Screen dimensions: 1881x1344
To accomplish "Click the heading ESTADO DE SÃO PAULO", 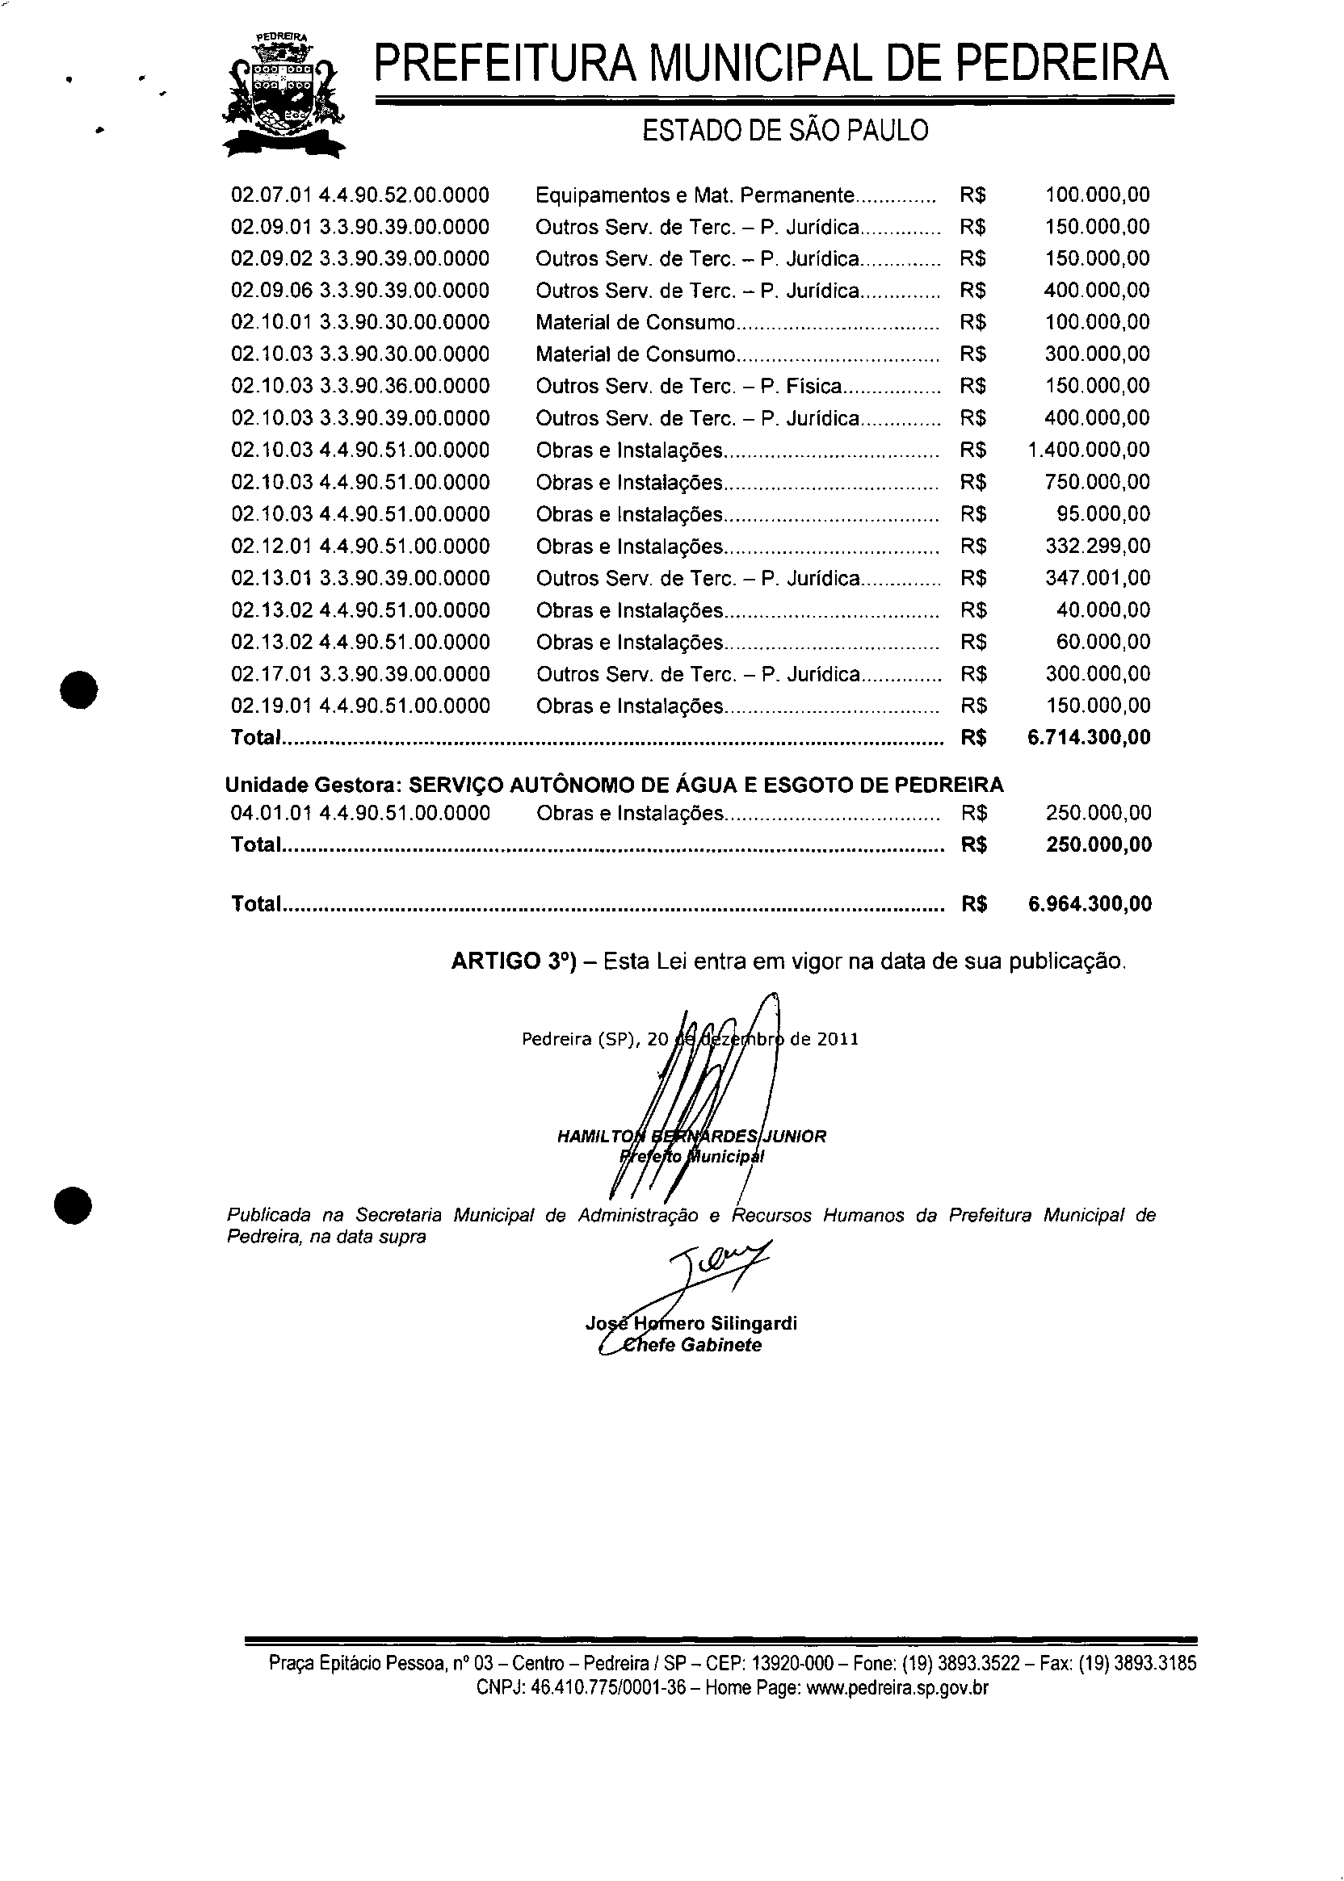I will [x=784, y=131].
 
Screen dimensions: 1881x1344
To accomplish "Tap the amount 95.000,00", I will [x=1103, y=513].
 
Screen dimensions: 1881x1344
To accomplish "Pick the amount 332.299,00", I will [x=1098, y=546].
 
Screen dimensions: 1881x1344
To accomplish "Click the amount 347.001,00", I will [x=1098, y=577].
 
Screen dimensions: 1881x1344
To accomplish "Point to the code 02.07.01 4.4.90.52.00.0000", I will [x=360, y=195].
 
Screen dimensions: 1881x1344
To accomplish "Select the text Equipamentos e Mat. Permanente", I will [x=694, y=195].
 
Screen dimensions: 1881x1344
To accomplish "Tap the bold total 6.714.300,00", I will [x=1089, y=737].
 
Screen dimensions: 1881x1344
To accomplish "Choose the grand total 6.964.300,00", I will [x=1090, y=903].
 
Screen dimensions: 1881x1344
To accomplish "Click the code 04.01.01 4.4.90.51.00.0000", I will [x=361, y=813].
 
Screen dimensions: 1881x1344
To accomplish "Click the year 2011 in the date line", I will [x=838, y=1039].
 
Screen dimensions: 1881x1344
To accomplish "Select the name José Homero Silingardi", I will [x=691, y=1322].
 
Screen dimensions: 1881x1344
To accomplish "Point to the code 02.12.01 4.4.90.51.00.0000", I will [x=361, y=546].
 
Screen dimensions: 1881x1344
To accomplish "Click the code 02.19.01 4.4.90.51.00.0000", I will [x=361, y=706].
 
